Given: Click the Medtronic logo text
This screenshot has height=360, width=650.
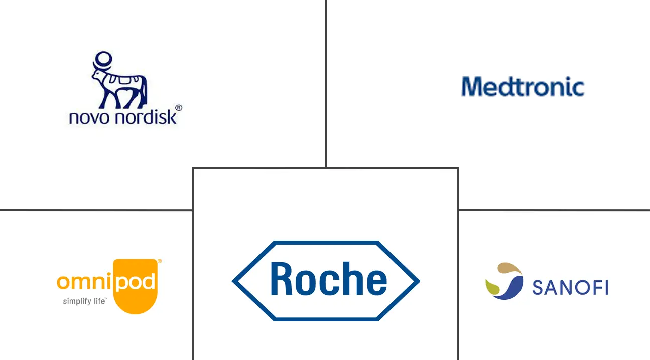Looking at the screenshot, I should [523, 87].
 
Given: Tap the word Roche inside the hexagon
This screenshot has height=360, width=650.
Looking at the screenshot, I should [328, 280].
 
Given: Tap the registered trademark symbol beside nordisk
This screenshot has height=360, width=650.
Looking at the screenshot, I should [178, 108].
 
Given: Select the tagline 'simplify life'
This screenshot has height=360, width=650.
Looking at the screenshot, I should [84, 302].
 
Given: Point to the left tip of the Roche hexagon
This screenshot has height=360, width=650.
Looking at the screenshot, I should [234, 281].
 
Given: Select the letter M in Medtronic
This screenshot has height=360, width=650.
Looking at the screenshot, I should [472, 87].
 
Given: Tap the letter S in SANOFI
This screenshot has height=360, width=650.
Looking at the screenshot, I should [537, 288].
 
